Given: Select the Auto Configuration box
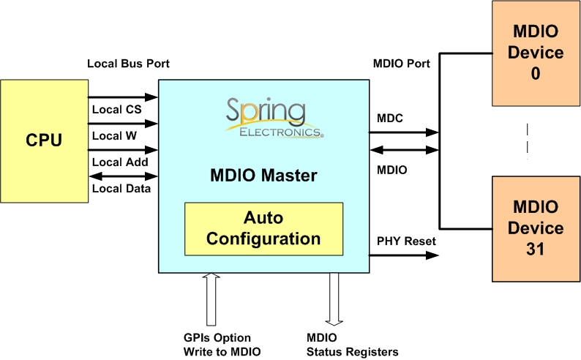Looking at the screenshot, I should click(x=263, y=228).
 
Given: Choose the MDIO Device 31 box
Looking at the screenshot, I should click(x=535, y=228).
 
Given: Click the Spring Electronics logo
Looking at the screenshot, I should click(x=274, y=118).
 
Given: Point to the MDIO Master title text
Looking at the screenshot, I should click(x=263, y=176).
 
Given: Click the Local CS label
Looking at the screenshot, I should click(x=116, y=110).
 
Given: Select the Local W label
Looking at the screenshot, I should click(x=115, y=135).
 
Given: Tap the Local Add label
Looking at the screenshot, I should click(x=121, y=162).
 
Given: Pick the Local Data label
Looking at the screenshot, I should click(x=121, y=189).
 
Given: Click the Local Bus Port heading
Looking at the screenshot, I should click(x=128, y=64).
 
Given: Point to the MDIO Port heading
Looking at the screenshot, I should click(x=401, y=64).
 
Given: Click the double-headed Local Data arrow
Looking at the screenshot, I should click(x=123, y=176).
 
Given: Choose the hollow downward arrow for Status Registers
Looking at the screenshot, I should click(x=334, y=299).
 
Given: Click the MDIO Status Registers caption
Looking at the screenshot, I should click(x=353, y=345).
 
